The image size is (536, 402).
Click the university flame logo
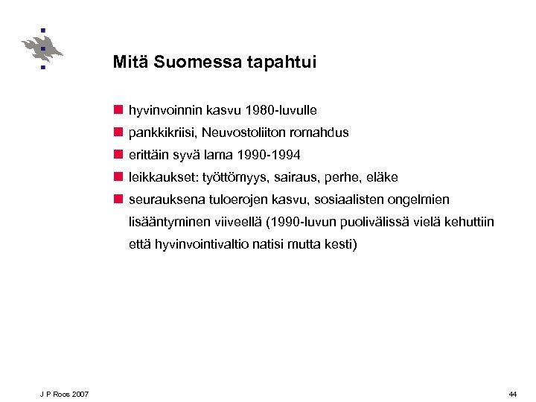pos(42,48)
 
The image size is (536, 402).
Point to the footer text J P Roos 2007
pos(65,394)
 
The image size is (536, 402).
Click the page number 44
pos(512,394)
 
